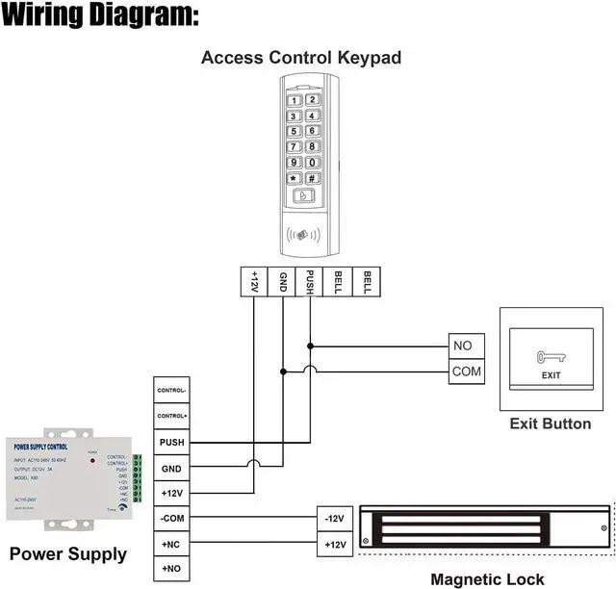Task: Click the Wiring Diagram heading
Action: click(x=100, y=16)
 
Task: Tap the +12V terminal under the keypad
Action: click(x=254, y=282)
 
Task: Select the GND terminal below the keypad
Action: click(x=283, y=282)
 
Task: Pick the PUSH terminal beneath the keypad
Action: click(x=310, y=282)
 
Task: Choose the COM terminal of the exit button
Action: click(x=467, y=371)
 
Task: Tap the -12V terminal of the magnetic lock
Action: click(x=334, y=520)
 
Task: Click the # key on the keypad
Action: click(x=312, y=178)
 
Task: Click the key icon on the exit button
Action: click(x=550, y=356)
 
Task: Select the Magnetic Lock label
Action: click(x=487, y=579)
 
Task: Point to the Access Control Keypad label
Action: click(x=300, y=58)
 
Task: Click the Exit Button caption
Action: click(x=550, y=423)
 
